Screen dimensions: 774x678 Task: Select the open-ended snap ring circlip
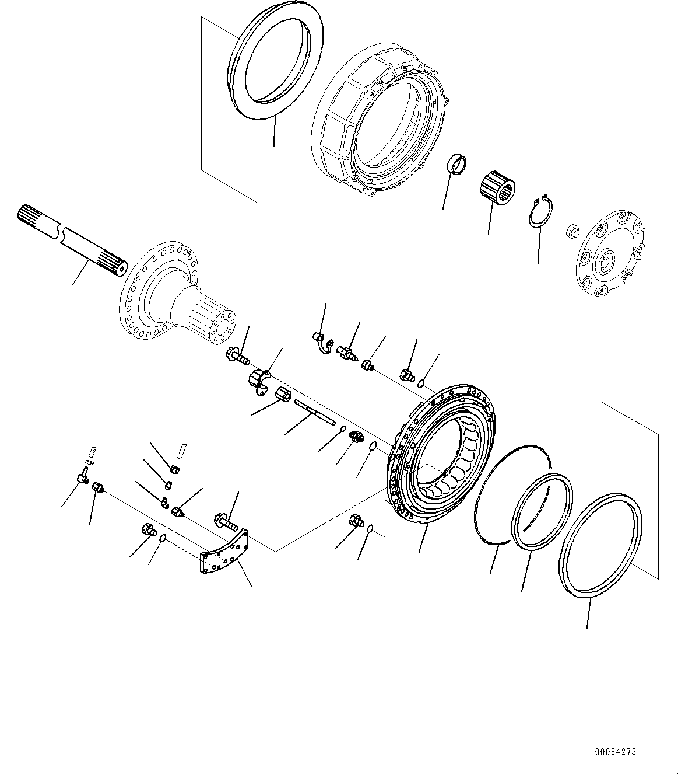coord(541,211)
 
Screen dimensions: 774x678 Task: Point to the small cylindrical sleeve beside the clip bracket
coord(284,395)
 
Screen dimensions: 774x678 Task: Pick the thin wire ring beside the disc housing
coord(512,496)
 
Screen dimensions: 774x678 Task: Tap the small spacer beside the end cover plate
coord(572,229)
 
